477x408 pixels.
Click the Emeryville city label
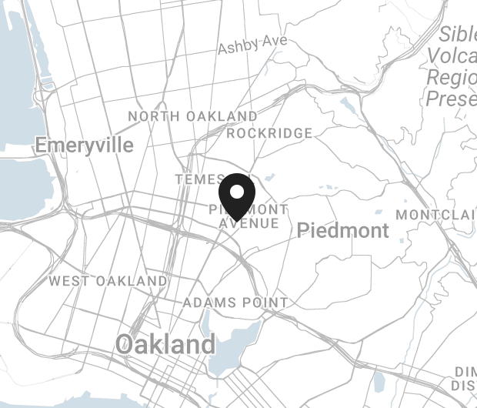[84, 145]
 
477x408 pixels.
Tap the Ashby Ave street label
[252, 45]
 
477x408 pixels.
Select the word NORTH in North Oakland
[154, 116]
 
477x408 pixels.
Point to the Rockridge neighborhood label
[269, 133]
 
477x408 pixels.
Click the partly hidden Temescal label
[198, 179]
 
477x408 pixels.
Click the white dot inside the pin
[238, 191]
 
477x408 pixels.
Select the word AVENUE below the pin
[248, 223]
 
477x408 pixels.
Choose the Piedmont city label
[342, 230]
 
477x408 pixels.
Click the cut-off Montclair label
[435, 214]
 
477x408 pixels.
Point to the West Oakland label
[108, 281]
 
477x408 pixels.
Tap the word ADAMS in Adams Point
[208, 303]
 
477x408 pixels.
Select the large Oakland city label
[165, 345]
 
